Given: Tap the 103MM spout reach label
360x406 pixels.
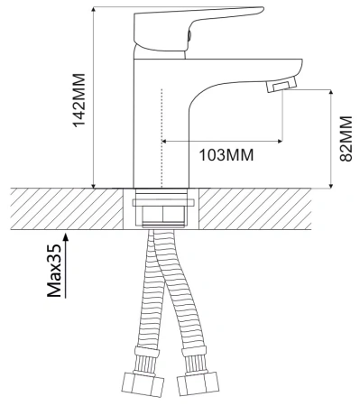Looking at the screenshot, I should pos(225,154).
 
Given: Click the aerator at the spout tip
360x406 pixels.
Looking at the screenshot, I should pos(282,86).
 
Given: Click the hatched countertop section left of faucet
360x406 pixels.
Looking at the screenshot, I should pos(63,208).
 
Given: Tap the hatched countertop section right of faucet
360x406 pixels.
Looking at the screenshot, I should pos(271,208).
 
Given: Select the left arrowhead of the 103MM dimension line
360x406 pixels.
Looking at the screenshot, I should pos(165,140).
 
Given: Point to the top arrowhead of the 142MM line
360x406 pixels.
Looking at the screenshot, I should pos(94,12).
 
